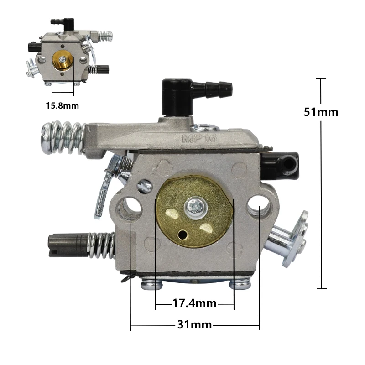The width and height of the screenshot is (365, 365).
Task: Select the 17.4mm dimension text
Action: (x=194, y=303)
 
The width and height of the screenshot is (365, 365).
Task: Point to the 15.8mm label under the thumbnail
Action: (x=62, y=106)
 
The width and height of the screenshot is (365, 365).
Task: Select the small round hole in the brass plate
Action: (x=182, y=235)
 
